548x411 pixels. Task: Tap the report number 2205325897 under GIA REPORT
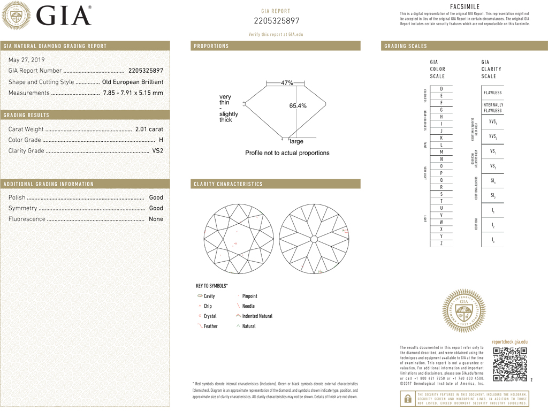click(276, 21)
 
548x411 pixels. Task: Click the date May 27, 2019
click(27, 60)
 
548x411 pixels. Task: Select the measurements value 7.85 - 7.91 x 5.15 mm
click(133, 93)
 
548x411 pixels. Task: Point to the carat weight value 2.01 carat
click(149, 129)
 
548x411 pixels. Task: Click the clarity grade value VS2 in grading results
click(158, 150)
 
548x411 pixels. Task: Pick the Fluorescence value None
click(156, 219)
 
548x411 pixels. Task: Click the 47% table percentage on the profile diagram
click(287, 83)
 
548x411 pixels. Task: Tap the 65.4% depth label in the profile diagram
click(298, 106)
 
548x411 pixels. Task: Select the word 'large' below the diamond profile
click(296, 141)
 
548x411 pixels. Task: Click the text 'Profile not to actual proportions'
click(287, 153)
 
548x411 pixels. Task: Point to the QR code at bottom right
click(509, 364)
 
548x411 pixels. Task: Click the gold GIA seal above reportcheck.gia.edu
click(463, 311)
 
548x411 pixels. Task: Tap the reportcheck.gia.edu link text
click(509, 341)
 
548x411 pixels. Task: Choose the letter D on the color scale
click(441, 89)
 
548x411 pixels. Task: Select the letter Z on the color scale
click(441, 243)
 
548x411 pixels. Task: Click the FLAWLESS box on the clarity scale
click(492, 93)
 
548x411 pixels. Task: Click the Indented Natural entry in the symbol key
click(257, 316)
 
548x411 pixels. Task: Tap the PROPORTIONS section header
click(211, 46)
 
